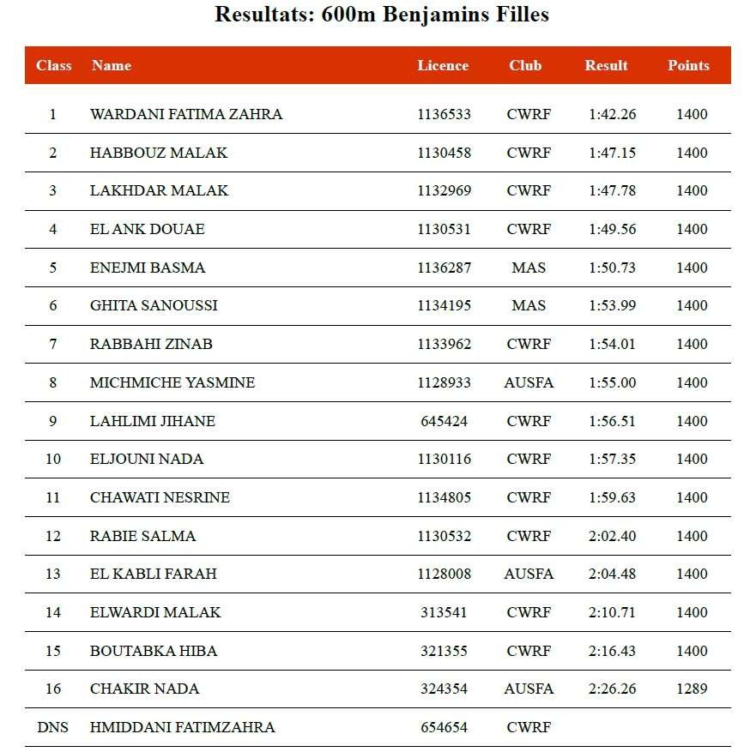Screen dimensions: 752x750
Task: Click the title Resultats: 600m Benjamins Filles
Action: (x=381, y=15)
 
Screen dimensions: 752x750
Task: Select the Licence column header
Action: (x=443, y=65)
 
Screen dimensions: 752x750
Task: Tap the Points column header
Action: (x=688, y=65)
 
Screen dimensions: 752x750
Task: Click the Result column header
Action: (x=606, y=65)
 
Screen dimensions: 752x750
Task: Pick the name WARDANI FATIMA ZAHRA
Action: (x=185, y=114)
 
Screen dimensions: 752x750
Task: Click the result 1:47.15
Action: (x=612, y=153)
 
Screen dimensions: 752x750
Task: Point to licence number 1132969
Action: (x=444, y=190)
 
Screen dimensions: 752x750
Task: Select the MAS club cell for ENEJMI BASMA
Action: (x=529, y=268)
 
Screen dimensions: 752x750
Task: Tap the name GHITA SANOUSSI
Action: (x=154, y=305)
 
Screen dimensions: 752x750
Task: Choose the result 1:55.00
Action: (x=612, y=382)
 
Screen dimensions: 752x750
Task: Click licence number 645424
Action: (x=444, y=421)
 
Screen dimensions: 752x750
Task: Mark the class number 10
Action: (x=53, y=459)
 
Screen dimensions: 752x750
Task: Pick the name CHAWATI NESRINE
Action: (x=160, y=497)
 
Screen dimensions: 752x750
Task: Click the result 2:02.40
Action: (x=612, y=536)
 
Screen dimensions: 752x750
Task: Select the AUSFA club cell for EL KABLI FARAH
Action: (x=529, y=574)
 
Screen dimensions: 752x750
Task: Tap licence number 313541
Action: (x=444, y=612)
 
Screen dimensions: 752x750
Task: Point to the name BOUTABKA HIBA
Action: (x=154, y=651)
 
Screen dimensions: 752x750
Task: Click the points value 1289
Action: (x=692, y=689)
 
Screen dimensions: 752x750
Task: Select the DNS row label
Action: (x=53, y=727)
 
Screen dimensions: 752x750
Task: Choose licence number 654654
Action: (x=444, y=727)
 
